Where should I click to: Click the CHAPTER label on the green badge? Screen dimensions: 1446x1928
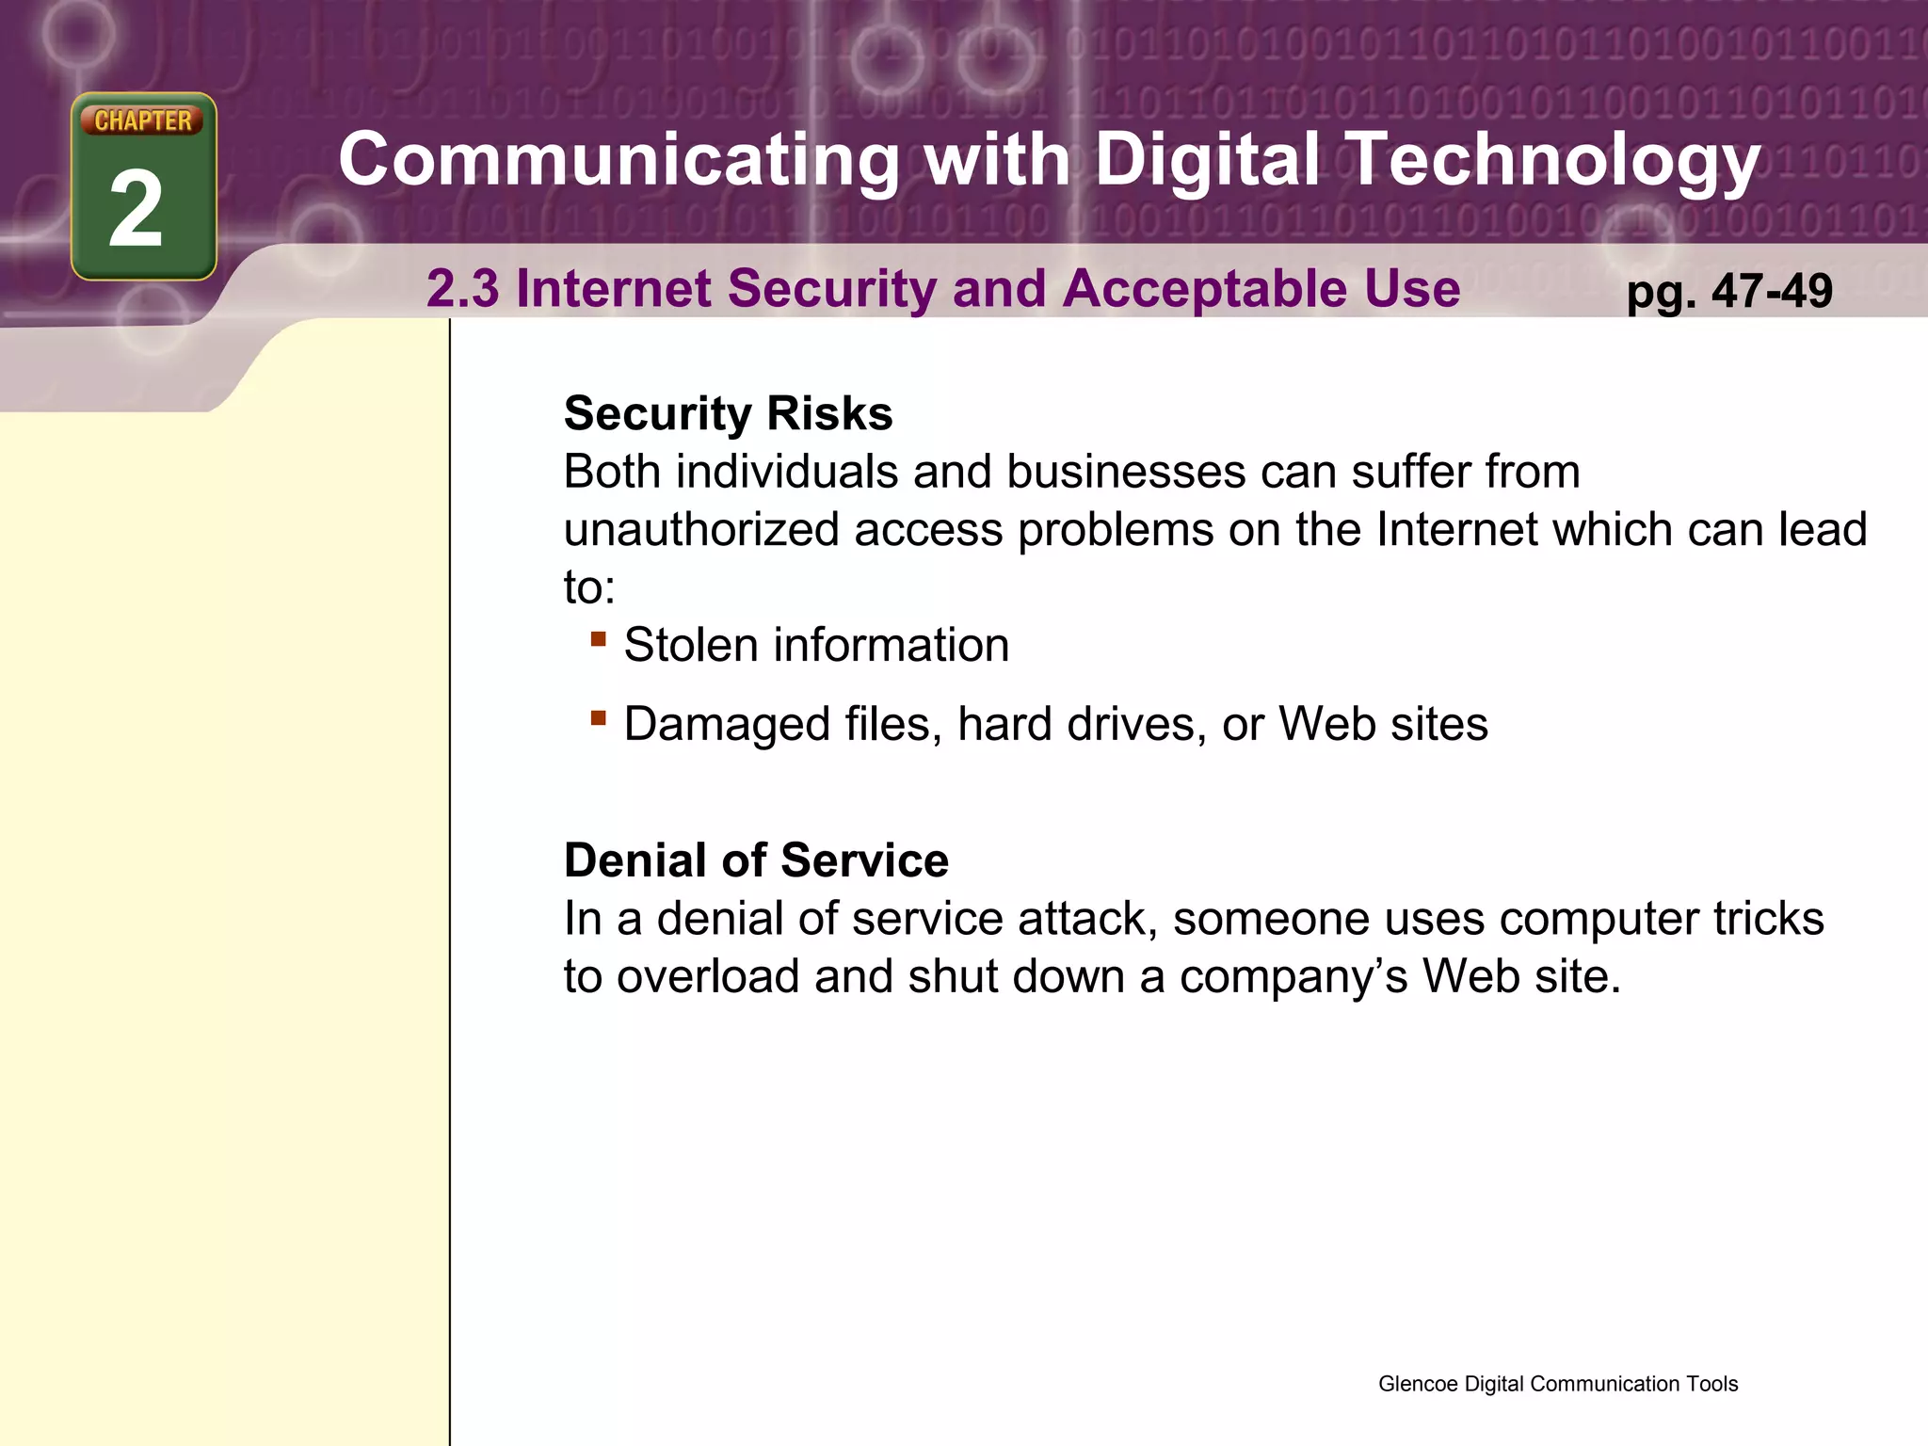point(143,120)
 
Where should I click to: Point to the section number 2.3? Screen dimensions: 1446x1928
point(463,288)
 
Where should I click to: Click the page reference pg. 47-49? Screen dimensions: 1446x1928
point(1729,291)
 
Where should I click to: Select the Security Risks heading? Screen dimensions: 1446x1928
point(728,413)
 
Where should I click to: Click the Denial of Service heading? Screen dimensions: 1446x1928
point(756,860)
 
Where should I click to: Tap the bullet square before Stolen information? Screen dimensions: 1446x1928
point(598,639)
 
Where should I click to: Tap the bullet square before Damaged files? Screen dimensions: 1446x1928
point(598,718)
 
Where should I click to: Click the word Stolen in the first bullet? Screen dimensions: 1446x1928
point(691,646)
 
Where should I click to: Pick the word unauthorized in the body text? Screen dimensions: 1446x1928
point(701,530)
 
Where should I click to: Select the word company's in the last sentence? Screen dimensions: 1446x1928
point(1293,977)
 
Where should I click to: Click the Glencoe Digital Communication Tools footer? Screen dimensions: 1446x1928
point(1557,1384)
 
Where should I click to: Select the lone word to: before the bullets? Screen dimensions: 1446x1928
point(589,588)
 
